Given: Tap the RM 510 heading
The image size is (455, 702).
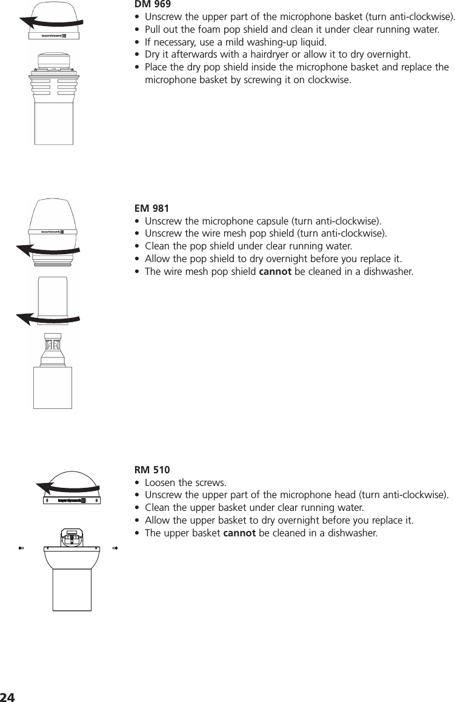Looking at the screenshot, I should click(152, 470).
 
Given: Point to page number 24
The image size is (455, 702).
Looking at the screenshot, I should click(7, 696).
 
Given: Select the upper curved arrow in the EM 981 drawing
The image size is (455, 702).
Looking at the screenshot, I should click(48, 249).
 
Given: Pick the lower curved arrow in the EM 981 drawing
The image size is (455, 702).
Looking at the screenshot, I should click(48, 317).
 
